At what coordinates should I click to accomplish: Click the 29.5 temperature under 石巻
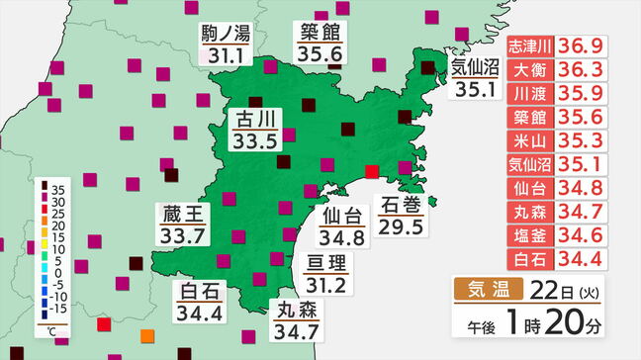click(402, 227)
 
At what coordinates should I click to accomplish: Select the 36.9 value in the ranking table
click(584, 46)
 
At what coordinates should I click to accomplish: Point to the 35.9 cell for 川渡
click(584, 94)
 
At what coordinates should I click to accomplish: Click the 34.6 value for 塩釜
click(584, 234)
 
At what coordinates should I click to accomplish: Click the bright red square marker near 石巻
click(372, 172)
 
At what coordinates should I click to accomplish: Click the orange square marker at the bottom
click(147, 334)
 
